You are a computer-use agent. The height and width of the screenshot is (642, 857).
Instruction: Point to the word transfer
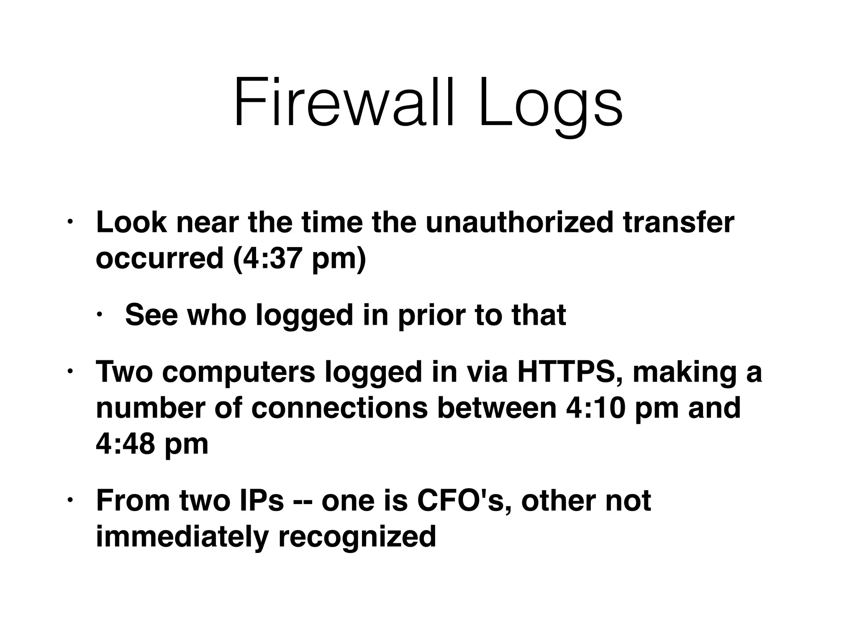pos(678,222)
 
